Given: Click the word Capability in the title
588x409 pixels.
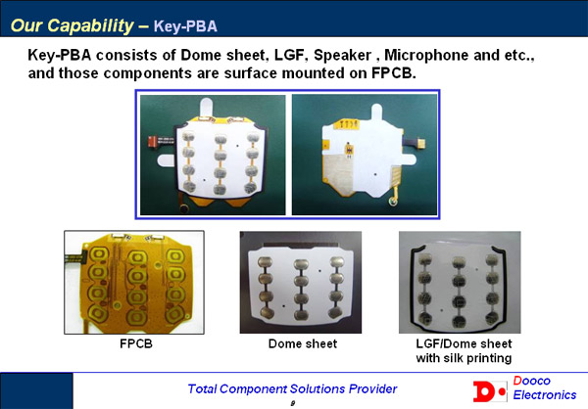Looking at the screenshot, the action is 90,25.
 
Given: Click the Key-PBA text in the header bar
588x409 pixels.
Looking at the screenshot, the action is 185,26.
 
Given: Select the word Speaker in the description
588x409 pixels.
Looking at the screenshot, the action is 342,55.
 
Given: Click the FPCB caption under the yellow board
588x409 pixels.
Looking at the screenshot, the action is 136,343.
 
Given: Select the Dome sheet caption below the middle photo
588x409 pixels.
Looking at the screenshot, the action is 303,343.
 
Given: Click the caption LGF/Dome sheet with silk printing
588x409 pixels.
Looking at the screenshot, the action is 464,350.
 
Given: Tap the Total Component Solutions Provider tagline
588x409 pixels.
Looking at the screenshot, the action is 292,388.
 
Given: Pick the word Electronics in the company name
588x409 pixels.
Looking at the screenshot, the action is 545,394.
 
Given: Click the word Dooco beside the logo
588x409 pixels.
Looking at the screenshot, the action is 531,381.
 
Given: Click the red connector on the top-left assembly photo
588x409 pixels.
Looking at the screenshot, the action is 152,141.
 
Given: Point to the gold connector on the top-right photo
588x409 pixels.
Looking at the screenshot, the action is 421,143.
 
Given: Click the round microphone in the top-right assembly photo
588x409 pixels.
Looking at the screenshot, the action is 393,202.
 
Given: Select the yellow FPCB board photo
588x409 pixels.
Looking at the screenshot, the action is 134,282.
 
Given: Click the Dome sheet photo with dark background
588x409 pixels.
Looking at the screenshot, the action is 301,282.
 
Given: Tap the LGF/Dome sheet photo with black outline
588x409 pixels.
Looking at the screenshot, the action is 460,282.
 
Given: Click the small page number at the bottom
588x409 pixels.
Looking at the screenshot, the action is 293,403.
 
